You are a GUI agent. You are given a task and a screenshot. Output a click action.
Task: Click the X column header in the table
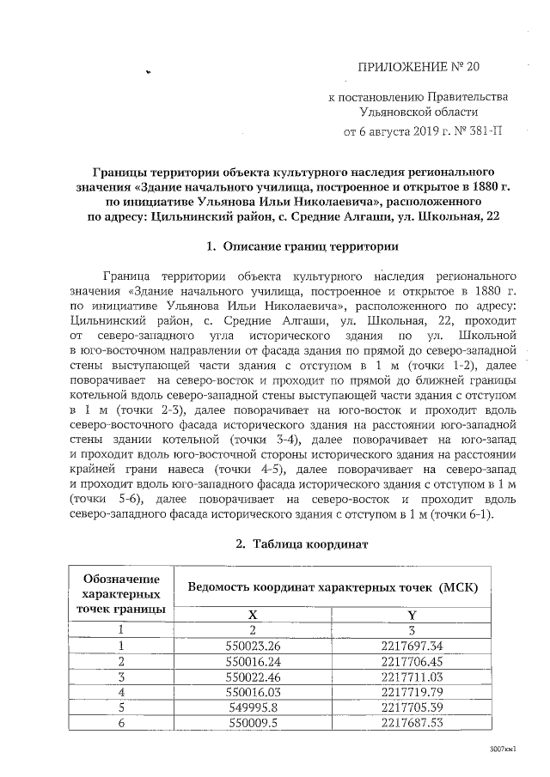coord(253,615)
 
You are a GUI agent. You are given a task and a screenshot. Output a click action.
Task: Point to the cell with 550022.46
coord(253,677)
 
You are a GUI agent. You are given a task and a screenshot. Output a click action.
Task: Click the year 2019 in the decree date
coord(426,133)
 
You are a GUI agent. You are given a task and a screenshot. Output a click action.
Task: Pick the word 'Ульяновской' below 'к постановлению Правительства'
coord(394,111)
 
